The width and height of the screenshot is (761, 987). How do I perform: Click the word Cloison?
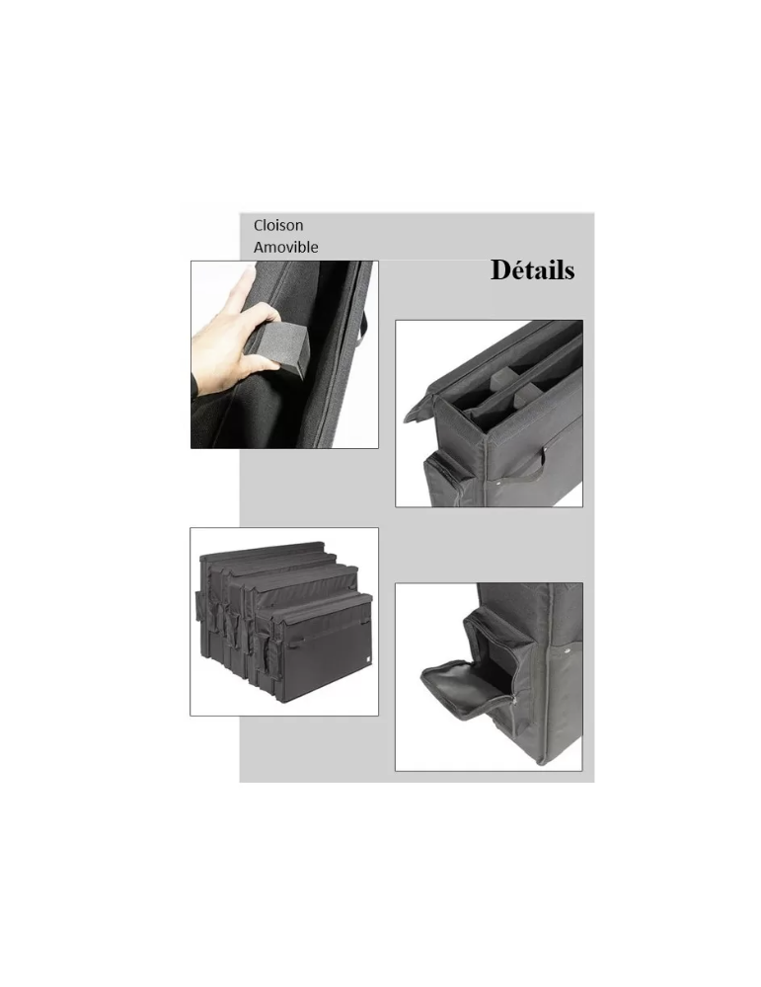278,225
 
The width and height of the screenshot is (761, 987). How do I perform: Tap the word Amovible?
286,248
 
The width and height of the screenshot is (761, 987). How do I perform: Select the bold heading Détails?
533,269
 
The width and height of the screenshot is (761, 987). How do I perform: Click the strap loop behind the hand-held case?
364,324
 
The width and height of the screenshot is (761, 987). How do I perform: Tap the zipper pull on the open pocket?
515,704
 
